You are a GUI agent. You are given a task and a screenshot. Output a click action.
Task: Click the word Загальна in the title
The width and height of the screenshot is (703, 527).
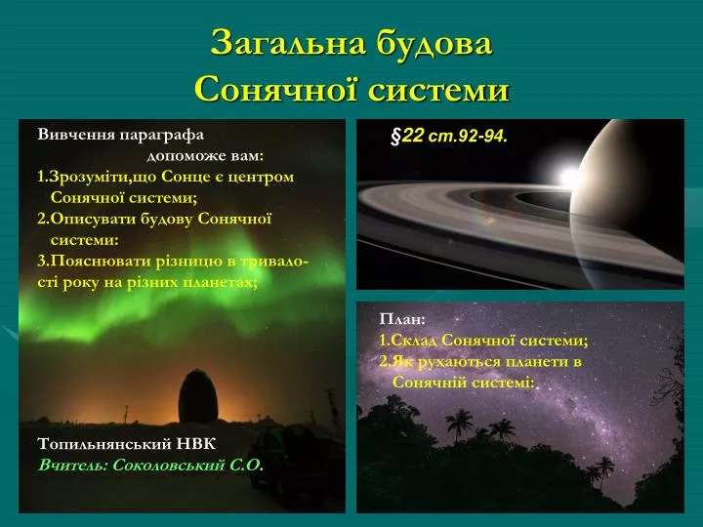point(288,43)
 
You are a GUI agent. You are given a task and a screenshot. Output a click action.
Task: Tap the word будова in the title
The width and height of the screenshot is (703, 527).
point(434,43)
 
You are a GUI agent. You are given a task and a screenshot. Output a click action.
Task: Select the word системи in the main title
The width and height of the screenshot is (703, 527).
point(439,90)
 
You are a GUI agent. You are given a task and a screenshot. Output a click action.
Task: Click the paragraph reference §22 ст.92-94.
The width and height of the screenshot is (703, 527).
point(449,135)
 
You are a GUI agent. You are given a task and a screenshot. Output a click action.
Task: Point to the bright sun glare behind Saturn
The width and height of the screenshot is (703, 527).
point(567,177)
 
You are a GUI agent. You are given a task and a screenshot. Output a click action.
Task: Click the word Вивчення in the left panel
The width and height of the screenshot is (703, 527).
point(72,135)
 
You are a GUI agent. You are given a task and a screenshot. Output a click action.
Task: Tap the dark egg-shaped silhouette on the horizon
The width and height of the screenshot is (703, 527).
point(197,396)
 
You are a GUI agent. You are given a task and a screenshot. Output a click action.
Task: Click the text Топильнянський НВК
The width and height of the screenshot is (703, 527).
point(127,444)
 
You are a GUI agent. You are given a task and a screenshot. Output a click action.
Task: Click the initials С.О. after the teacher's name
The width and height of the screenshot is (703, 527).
point(246,466)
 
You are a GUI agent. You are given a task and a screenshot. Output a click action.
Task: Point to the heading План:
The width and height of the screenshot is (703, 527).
point(401,319)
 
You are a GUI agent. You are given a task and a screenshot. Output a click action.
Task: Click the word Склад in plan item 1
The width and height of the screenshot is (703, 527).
point(414,341)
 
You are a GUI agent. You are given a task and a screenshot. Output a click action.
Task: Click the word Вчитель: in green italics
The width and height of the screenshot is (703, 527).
point(73,466)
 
